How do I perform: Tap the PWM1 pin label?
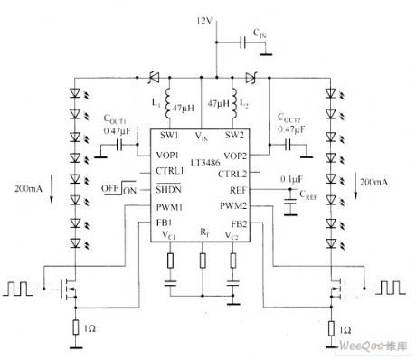pos(170,206)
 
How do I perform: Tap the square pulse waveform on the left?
pos(19,291)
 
